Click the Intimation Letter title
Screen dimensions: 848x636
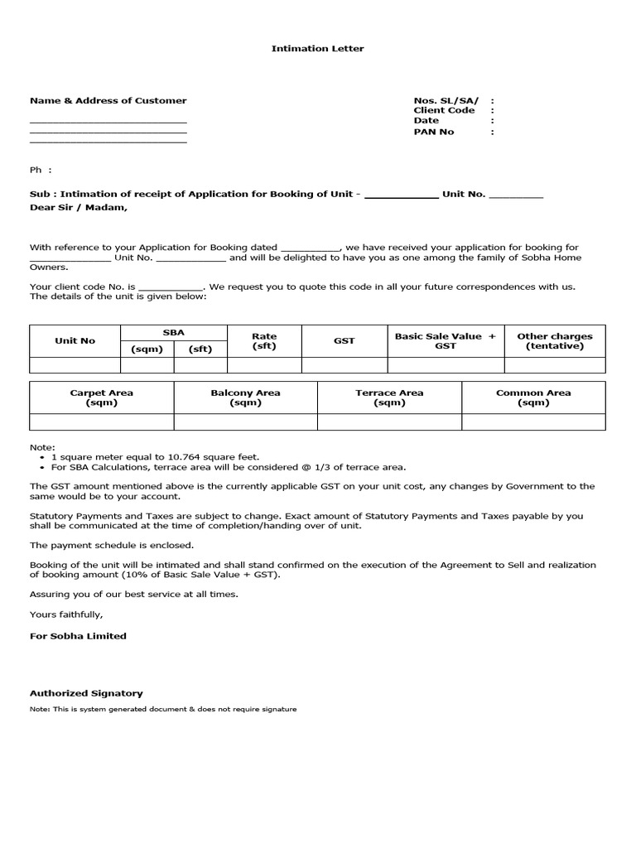point(317,49)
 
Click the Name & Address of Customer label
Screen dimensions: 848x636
point(108,100)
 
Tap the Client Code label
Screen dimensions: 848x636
point(444,110)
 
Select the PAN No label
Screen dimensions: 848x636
point(434,132)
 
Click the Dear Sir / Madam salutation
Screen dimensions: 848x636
point(79,207)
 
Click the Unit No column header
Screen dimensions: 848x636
point(75,340)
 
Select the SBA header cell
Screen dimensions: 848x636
point(173,332)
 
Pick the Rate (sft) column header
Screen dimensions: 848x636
point(264,340)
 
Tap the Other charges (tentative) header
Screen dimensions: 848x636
point(554,340)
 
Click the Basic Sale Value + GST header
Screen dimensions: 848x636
point(445,340)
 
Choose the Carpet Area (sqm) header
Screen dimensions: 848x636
point(101,397)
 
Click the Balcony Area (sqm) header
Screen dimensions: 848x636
point(245,397)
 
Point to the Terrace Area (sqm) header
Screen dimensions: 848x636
point(389,397)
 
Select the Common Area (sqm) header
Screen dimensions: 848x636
point(533,397)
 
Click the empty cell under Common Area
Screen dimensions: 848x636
point(533,422)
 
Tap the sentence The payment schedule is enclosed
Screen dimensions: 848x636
point(112,545)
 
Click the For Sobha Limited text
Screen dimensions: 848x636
point(78,636)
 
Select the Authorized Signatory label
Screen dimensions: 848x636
point(86,693)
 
